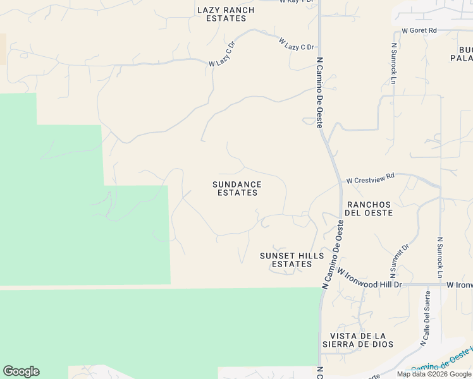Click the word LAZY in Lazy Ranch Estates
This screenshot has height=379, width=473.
coord(209,10)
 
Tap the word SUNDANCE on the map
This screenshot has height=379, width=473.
coord(237,184)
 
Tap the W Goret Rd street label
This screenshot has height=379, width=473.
coord(419,30)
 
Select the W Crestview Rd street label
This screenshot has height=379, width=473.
coord(371,179)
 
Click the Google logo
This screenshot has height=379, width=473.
coord(21,371)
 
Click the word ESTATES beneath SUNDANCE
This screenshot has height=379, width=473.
coord(237,193)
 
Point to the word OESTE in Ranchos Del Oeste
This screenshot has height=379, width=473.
coord(379,213)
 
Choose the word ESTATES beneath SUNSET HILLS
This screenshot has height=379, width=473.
coord(292,264)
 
